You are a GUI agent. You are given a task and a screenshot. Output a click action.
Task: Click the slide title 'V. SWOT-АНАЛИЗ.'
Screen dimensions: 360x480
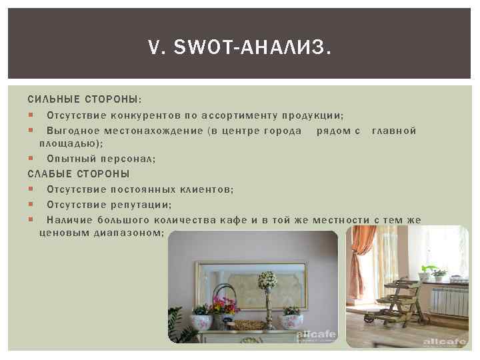point(239,47)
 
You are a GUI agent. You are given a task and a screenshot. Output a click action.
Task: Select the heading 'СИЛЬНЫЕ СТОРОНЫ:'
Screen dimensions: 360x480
point(84,99)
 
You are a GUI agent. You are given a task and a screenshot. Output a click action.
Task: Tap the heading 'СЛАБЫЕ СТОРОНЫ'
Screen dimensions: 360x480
point(78,174)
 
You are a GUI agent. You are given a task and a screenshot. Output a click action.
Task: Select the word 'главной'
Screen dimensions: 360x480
point(393,131)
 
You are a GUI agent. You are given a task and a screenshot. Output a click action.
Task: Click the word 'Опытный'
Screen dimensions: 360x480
point(68,159)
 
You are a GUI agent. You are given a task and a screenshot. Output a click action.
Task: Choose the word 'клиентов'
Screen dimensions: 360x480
point(205,189)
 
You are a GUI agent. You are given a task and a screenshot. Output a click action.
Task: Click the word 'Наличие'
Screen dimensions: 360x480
point(69,220)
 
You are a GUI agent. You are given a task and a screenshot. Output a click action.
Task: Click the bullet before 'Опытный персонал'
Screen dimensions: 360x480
point(31,159)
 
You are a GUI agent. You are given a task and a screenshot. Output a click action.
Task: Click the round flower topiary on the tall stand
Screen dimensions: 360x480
point(267,279)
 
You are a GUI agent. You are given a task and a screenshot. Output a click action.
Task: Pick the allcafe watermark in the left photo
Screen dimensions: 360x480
point(316,336)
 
